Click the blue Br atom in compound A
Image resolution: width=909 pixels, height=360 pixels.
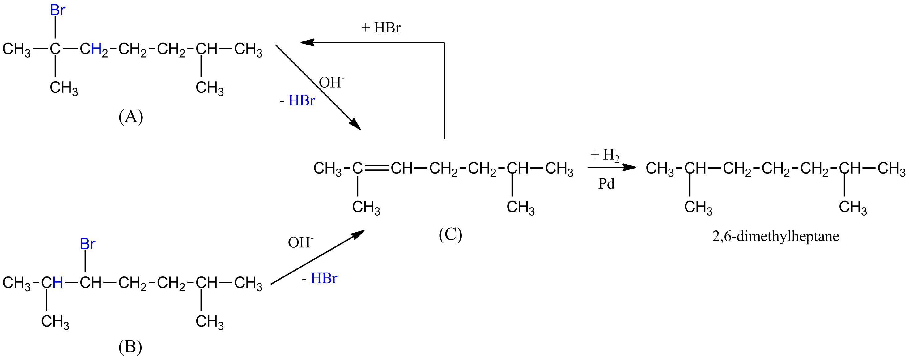(57, 11)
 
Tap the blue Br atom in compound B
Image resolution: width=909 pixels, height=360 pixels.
(87, 244)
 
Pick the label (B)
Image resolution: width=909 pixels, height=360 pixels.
(130, 347)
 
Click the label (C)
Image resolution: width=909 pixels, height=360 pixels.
(450, 234)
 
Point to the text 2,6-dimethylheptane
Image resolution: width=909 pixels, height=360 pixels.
(775, 236)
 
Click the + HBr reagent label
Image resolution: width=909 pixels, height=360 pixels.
(381, 28)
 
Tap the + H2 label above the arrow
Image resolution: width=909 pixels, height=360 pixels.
(605, 155)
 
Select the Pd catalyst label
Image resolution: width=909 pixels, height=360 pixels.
(606, 184)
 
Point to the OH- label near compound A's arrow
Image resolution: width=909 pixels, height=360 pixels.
(331, 83)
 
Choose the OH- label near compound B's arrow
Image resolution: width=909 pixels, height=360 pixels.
(301, 242)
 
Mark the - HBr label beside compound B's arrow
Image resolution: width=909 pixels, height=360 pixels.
(320, 279)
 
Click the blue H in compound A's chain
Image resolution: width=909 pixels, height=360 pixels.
(96, 49)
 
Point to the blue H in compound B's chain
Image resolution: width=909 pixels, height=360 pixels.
(57, 283)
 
